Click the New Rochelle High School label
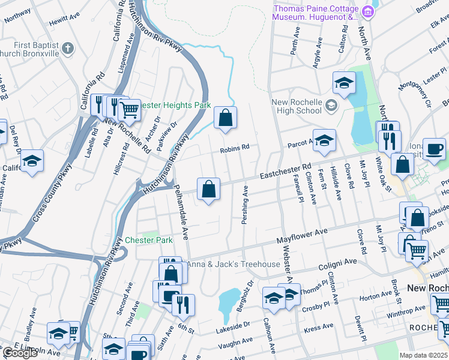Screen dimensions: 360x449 pyautogui.click(x=297, y=106)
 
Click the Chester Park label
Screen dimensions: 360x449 pyautogui.click(x=149, y=240)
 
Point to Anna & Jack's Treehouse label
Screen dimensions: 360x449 pyautogui.click(x=234, y=265)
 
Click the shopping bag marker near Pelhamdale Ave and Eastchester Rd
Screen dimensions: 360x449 pyautogui.click(x=208, y=190)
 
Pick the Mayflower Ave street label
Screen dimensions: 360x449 pyautogui.click(x=302, y=235)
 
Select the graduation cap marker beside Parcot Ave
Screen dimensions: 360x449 pyautogui.click(x=324, y=140)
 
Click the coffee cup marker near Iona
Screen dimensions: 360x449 pyautogui.click(x=434, y=149)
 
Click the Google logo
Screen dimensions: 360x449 pyautogui.click(x=20, y=353)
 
